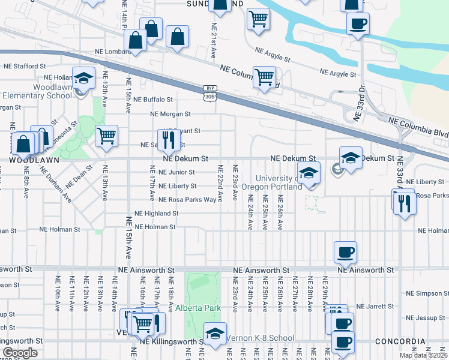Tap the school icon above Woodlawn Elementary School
click(83, 77)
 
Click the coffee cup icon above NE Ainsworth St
click(345, 252)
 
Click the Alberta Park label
click(198, 308)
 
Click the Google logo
click(20, 352)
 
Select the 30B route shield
click(209, 96)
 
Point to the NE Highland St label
click(156, 213)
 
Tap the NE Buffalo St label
click(153, 100)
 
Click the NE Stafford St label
click(25, 66)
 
